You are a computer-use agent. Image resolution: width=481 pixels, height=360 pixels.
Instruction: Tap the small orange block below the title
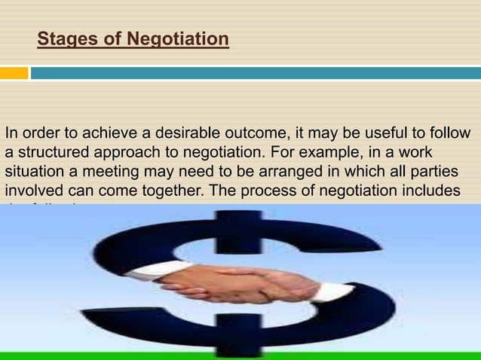(x=14, y=73)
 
